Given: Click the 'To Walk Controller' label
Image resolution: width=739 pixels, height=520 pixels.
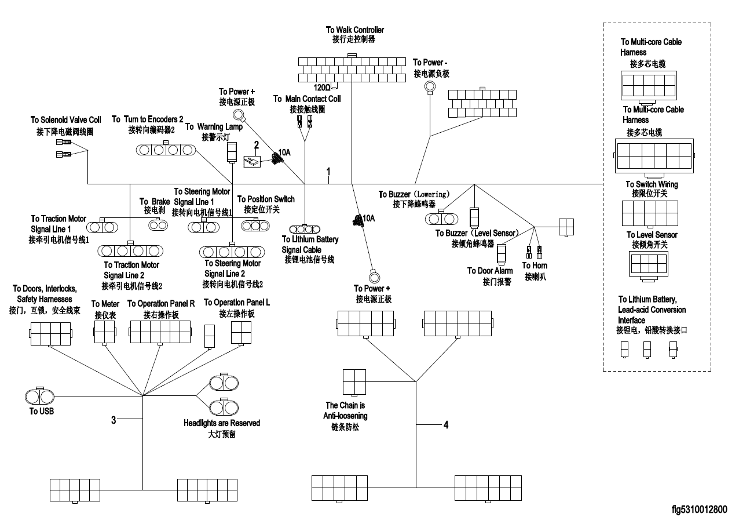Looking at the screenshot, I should point(354,30).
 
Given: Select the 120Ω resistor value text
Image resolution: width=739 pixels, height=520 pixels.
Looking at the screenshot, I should point(321,87).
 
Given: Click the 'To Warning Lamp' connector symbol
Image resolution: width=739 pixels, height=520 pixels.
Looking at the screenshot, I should point(232,152).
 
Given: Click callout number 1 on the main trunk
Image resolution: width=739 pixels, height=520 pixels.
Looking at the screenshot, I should point(328,172).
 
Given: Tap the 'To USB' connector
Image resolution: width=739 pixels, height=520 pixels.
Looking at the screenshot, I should point(40,397).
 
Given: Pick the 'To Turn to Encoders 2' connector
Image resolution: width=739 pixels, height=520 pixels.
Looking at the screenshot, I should point(166,150).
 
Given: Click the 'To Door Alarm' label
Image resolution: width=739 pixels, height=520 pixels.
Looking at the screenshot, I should point(489,271).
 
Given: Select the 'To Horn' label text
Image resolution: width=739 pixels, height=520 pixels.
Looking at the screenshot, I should point(535,266).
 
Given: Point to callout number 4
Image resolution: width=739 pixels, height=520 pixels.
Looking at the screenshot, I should point(445,425).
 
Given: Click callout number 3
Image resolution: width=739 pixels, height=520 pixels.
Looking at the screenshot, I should point(114,420).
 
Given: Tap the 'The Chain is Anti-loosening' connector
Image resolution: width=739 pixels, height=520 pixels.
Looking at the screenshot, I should point(354,383).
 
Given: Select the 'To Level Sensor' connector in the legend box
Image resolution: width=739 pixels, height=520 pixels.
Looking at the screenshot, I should point(647,264).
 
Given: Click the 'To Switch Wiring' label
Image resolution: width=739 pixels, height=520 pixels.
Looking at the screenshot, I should point(652,184).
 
